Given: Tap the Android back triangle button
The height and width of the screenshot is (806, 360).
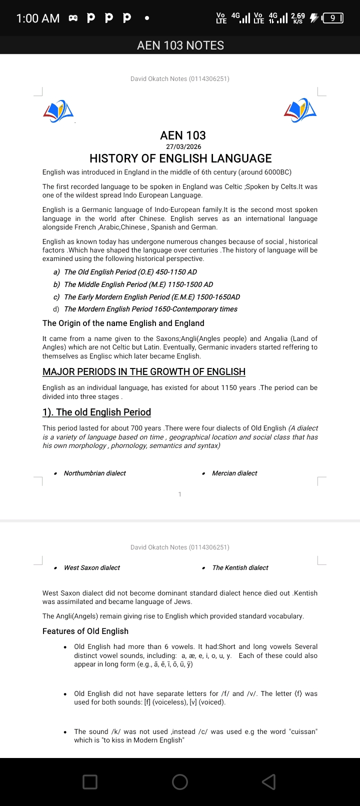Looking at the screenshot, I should [x=268, y=781].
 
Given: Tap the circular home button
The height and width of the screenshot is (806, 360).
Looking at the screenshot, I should [x=180, y=781].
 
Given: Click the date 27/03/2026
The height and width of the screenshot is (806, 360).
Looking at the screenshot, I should [x=183, y=147].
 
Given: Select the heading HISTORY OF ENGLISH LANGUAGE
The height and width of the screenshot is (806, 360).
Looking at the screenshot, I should [x=180, y=158].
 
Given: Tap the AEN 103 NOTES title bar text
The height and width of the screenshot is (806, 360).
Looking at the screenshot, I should [x=180, y=45].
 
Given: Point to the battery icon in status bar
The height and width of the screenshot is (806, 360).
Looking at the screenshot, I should [x=332, y=18].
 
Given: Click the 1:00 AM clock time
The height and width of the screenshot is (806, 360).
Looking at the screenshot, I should [x=37, y=18].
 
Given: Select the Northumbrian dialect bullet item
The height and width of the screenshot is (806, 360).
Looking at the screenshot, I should [x=94, y=473].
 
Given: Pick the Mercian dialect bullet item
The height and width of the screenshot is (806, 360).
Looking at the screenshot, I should [x=234, y=473].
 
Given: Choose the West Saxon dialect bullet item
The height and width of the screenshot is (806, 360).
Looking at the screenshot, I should [x=91, y=568].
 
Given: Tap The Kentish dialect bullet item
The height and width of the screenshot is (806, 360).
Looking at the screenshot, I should [x=240, y=568].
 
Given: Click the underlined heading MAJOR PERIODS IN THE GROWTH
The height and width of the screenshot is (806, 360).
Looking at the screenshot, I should [x=144, y=372].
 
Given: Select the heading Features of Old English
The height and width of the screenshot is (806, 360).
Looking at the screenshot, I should [x=85, y=631].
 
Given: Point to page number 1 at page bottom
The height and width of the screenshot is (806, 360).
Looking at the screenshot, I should [x=180, y=494].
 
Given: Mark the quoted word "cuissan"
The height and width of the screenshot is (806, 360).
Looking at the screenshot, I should [x=302, y=731].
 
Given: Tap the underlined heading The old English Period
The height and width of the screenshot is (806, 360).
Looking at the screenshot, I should [x=97, y=412].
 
